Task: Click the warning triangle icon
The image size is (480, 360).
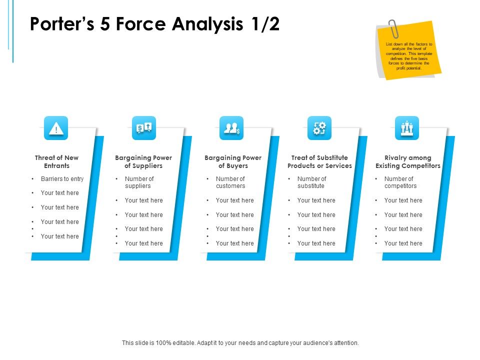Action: (x=56, y=128)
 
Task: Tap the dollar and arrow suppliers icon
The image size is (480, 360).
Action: (x=144, y=128)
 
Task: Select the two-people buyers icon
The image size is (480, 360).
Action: (x=231, y=128)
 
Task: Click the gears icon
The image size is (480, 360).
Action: (x=319, y=128)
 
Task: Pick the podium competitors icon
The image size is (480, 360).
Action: (x=407, y=128)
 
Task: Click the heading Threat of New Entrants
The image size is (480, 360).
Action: (x=56, y=161)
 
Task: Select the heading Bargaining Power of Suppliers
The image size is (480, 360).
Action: (x=143, y=161)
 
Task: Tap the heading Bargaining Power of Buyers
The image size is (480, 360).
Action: (x=233, y=161)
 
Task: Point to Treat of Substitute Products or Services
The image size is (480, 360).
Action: (x=319, y=161)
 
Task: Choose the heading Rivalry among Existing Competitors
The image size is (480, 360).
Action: (x=408, y=161)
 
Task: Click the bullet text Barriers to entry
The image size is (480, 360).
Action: (x=62, y=179)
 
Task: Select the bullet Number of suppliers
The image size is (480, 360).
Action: (x=139, y=182)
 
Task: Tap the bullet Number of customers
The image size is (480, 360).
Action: (x=230, y=182)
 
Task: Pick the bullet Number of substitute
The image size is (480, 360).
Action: (x=311, y=182)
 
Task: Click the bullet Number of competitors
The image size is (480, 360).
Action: (x=400, y=182)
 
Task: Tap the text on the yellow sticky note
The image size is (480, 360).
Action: (x=409, y=56)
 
